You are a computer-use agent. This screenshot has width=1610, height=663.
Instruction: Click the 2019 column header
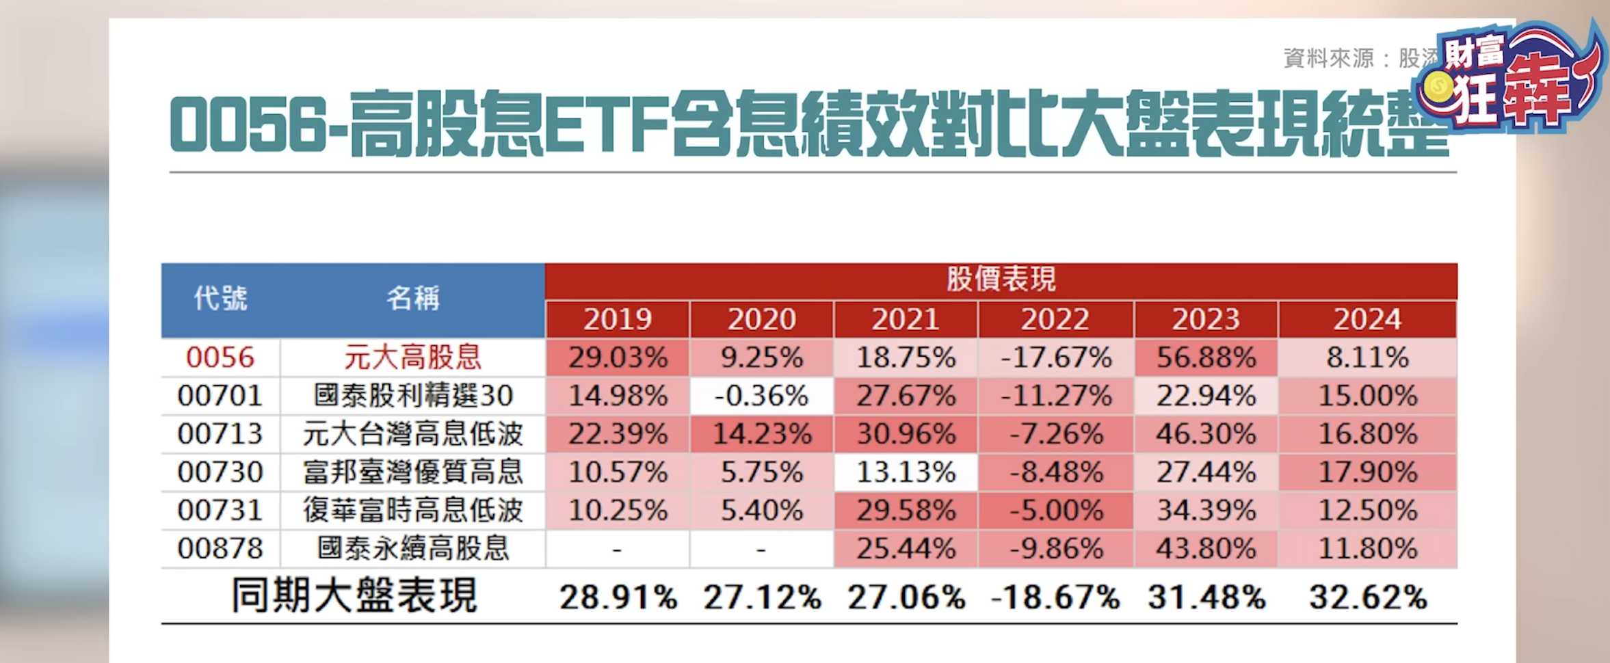pos(617,319)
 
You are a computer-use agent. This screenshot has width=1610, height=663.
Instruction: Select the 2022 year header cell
pos(1055,319)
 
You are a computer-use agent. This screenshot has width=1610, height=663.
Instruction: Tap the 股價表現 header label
pos(1001,280)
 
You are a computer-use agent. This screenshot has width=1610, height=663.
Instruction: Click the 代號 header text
pos(220,299)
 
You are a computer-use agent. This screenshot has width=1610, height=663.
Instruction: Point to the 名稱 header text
pos(412,299)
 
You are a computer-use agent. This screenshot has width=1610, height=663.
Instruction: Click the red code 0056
pos(220,357)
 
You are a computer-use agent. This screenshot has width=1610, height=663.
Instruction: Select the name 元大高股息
pos(412,357)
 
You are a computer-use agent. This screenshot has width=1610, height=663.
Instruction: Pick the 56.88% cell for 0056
pos(1206,357)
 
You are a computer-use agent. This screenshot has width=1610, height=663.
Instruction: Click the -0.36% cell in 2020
pos(761,396)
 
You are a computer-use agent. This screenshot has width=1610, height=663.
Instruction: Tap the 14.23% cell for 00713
pos(761,434)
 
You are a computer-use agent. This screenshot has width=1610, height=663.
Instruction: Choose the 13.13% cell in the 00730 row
pos(906,472)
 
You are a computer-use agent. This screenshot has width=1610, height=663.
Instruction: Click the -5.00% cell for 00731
pos(1056,511)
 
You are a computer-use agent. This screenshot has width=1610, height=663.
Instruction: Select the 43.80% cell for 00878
pos(1206,549)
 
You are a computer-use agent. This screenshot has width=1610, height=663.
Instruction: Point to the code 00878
pos(220,549)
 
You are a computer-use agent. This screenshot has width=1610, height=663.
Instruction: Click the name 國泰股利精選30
pos(412,396)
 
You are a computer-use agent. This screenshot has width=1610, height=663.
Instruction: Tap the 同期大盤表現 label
pos(354,596)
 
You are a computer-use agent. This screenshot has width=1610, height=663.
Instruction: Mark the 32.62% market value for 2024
pos(1368,598)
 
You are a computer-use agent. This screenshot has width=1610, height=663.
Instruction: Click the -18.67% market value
pos(1055,598)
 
